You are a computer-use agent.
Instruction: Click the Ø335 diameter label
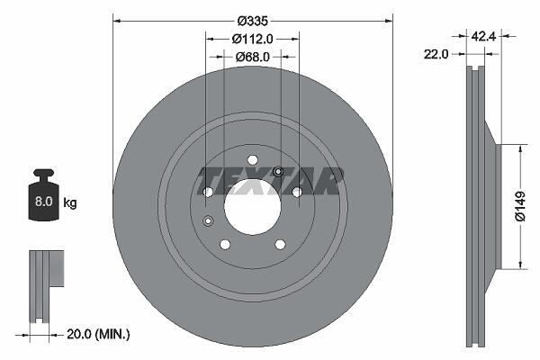point(252,21)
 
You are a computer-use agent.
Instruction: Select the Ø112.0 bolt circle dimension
point(252,39)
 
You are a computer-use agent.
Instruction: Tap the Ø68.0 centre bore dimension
point(252,57)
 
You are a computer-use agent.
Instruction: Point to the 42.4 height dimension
point(483,36)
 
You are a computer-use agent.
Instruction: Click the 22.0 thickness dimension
point(436,54)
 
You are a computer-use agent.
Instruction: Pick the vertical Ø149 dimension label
point(520,206)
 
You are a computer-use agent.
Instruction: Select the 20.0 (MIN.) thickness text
point(98,334)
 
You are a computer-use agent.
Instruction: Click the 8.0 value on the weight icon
point(43,202)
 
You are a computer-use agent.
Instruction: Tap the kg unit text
point(70,202)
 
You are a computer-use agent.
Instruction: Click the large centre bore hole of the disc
point(252,207)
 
